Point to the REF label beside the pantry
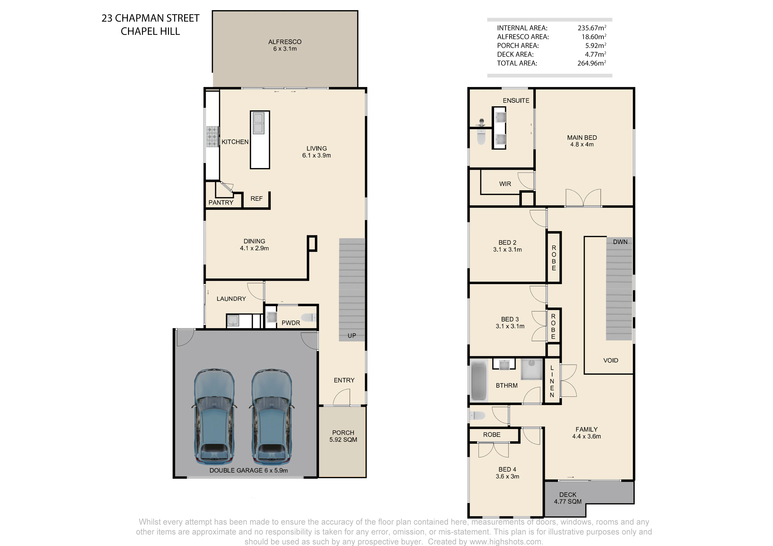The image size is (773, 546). point(256,199)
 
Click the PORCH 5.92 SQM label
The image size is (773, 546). point(343,436)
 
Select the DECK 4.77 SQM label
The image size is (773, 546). point(568,498)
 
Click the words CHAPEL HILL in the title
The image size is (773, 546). point(151,31)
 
